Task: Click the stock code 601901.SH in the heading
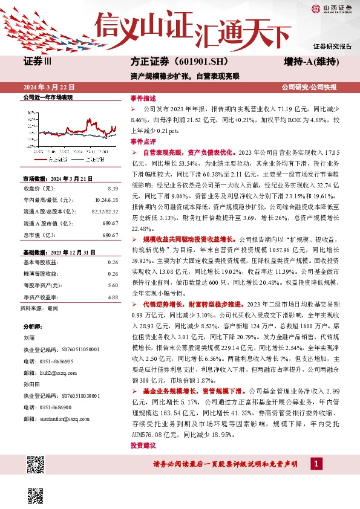coord(177,62)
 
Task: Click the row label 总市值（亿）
coord(38,235)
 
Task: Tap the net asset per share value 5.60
coord(113,285)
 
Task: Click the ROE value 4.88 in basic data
coord(113,297)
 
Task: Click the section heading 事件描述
coord(143,98)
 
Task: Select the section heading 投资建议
coord(143,445)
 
